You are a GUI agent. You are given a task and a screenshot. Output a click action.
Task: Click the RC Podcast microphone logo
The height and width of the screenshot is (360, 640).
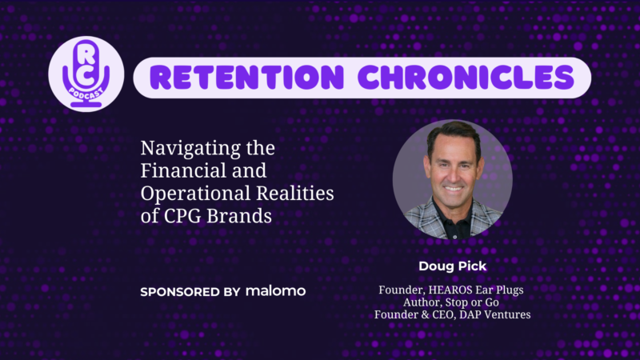tap(86, 74)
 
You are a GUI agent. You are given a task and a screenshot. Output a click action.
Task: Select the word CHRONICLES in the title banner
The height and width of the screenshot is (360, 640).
tap(466, 78)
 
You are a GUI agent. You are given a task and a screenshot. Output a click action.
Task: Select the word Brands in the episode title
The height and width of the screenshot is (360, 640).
tap(238, 216)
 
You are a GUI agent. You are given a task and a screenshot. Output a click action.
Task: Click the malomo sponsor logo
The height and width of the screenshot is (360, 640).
tap(275, 291)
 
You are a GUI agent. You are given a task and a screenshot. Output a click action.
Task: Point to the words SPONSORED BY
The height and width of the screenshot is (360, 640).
tap(190, 292)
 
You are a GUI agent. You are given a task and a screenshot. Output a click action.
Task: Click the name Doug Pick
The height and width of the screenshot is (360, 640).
tap(452, 266)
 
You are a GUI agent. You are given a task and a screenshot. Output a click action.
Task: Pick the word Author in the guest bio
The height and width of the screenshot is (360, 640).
tap(422, 302)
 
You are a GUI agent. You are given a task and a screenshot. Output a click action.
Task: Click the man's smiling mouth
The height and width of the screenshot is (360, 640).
tap(453, 189)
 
